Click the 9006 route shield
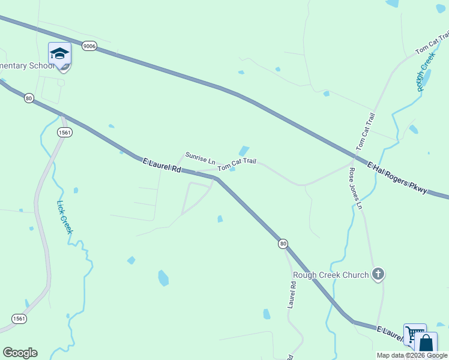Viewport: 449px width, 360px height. coord(89,46)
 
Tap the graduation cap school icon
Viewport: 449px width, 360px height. coord(59,54)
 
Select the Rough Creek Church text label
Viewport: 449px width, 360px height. coord(330,275)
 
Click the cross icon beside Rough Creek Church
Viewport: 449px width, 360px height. coord(378,274)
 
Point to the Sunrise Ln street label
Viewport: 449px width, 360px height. coord(200,158)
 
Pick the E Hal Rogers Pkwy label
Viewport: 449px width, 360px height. coord(397,178)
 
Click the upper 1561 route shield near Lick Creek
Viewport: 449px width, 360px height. coord(65,133)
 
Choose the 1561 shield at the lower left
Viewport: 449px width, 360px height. coord(19,319)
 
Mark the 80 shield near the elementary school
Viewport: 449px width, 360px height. coord(29,98)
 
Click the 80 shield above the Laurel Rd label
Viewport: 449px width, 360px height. coord(283,244)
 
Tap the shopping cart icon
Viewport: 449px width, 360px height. coord(414,334)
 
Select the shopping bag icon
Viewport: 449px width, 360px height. coord(426,343)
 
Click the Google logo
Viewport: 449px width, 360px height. coord(20,353)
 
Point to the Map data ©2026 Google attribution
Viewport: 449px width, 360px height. coord(412,355)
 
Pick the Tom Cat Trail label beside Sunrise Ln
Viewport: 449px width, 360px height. coord(237,164)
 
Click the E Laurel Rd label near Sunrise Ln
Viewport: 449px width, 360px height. coord(161,165)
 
